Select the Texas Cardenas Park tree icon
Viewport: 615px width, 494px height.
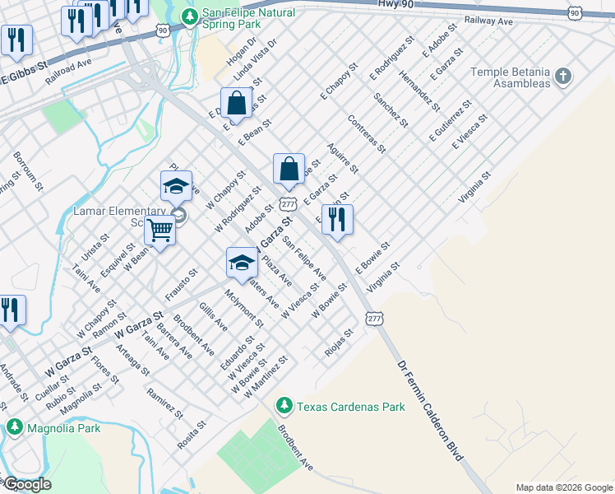(284, 405)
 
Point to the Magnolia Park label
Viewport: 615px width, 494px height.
(63, 428)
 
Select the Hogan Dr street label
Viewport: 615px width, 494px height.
(243, 51)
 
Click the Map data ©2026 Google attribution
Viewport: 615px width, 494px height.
(564, 487)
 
